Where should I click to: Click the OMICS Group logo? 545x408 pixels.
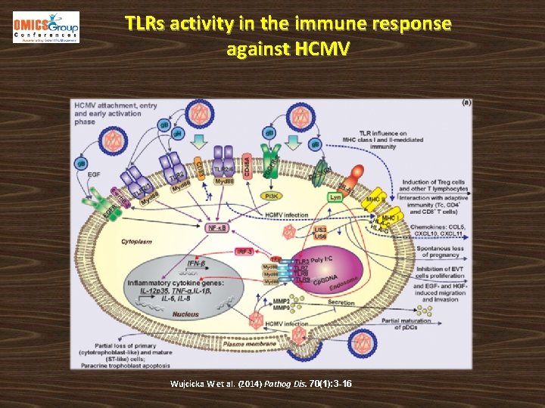(45, 27)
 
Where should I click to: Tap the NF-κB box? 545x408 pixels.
(217, 227)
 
